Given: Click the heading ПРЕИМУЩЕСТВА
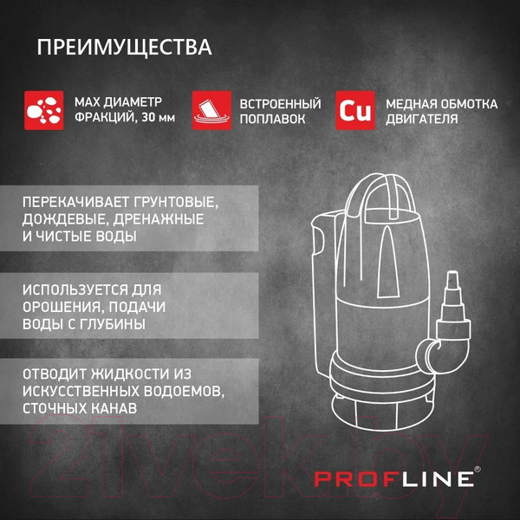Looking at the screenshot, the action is (124, 48).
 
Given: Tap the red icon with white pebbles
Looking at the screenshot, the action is (44, 110).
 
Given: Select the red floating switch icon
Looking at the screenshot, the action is (212, 110).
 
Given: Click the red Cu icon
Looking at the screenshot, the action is (355, 110).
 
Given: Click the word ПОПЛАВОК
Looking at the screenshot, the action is (272, 119).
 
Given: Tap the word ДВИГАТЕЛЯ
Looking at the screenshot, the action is (421, 119).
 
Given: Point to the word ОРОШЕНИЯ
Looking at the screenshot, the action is (62, 307).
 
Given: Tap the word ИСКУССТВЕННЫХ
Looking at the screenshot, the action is (81, 392).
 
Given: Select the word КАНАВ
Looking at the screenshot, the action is (114, 408).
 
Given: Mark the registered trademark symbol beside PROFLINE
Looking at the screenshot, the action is (478, 469).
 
